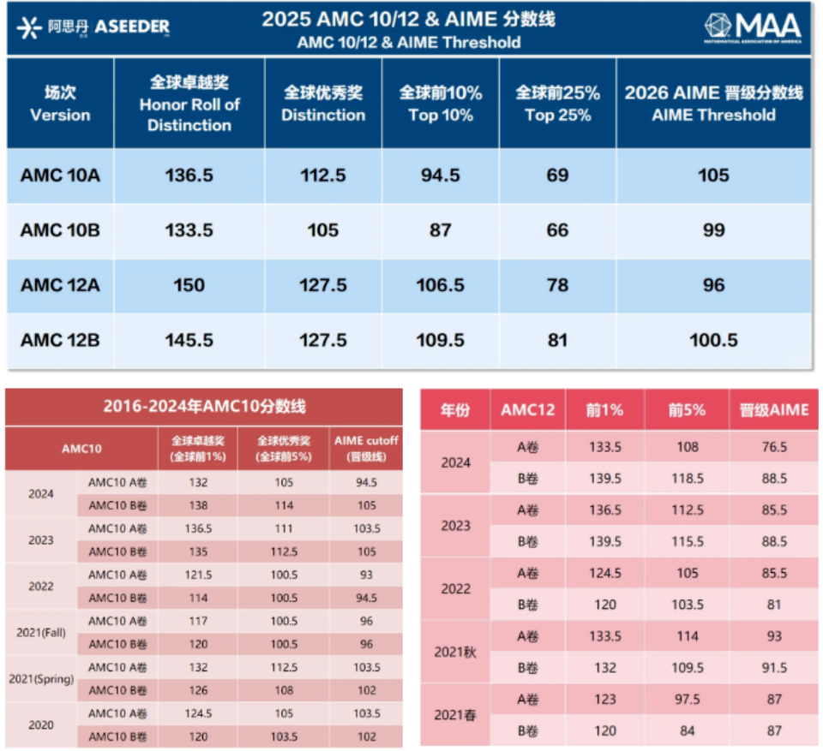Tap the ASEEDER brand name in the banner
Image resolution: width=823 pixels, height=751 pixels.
[x=131, y=27]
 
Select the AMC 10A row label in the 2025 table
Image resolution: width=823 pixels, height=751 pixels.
[x=60, y=176]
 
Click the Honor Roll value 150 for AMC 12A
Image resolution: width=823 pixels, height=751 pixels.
[x=189, y=285]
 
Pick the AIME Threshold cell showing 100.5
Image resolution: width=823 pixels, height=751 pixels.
[x=713, y=340]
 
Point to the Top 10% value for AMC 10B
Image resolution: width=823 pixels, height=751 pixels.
[x=440, y=230]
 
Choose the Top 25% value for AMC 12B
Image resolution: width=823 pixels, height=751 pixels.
[x=557, y=340]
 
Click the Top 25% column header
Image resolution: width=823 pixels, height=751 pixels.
[x=557, y=104]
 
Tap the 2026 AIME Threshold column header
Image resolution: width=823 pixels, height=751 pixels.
[x=713, y=104]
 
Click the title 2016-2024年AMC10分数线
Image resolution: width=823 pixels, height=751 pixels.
[x=204, y=406]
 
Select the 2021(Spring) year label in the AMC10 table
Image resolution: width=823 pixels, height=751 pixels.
[x=41, y=679]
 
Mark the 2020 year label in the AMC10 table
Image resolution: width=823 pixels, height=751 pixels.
[x=41, y=725]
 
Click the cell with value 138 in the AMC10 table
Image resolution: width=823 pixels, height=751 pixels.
[x=198, y=506]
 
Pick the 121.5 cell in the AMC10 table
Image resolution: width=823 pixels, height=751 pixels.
[x=198, y=575]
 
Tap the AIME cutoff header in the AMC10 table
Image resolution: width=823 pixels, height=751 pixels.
[x=365, y=448]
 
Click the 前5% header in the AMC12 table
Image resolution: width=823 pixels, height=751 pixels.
[x=687, y=409]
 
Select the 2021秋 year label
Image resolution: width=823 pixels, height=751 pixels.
[x=455, y=652]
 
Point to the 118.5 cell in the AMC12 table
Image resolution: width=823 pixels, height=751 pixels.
[x=687, y=478]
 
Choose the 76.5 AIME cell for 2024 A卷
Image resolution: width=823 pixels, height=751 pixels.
[x=774, y=447]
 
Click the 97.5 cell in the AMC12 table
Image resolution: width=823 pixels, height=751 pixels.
[x=687, y=699]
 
